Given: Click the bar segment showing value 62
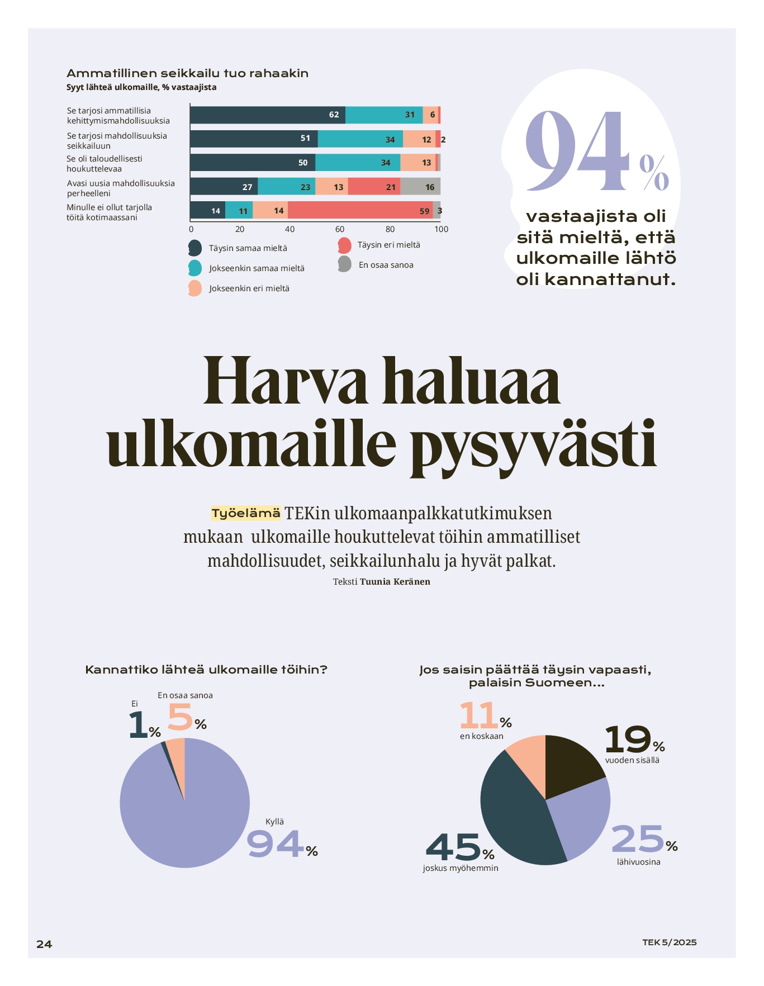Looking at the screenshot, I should [268, 115].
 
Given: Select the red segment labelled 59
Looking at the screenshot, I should [360, 211].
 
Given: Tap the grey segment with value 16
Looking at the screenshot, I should [420, 187].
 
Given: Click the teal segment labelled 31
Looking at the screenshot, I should [384, 115].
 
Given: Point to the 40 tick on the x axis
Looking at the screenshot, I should [290, 229].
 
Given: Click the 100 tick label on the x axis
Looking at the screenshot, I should [441, 229].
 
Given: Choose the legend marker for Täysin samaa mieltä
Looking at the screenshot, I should [195, 248].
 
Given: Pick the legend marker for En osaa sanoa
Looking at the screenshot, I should [344, 264].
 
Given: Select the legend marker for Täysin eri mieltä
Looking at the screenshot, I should [344, 245].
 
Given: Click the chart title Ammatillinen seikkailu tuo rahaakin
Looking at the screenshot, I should [187, 73].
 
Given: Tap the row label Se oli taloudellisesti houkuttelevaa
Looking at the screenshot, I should [105, 164].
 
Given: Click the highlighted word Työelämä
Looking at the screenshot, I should [246, 513].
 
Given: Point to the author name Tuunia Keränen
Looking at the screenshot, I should [395, 581].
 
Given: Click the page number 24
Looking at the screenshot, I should [44, 944].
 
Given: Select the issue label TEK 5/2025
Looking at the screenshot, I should [669, 942].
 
